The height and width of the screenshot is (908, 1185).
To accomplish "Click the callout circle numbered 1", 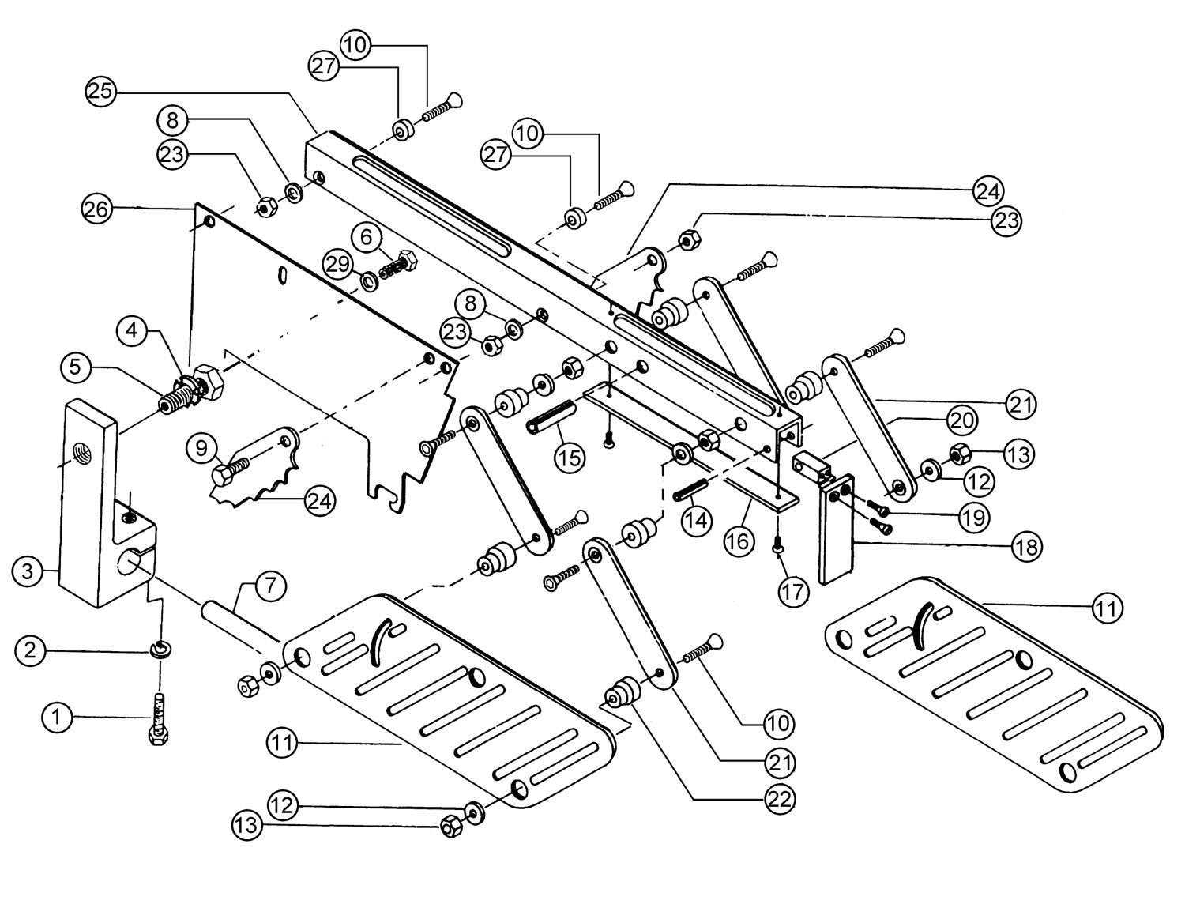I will click(x=55, y=718).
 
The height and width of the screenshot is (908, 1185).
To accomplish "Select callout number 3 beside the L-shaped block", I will click(x=28, y=571).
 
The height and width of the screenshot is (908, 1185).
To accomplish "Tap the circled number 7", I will click(x=269, y=586).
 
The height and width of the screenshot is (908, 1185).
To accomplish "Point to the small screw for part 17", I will click(x=779, y=544).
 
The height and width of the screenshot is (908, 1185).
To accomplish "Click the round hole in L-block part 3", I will click(x=131, y=563).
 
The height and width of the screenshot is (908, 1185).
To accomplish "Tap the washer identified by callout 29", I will click(x=368, y=281).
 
